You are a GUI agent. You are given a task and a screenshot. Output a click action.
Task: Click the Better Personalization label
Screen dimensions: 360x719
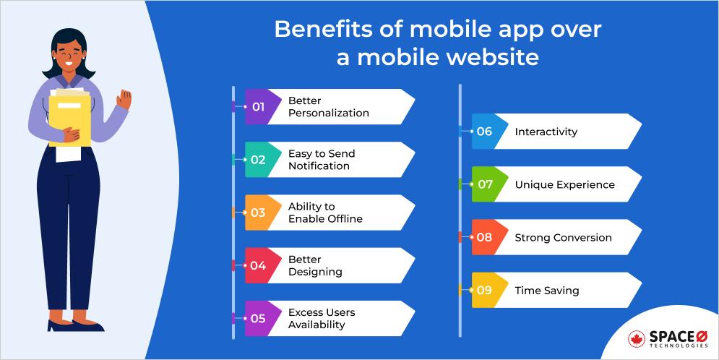coord(328,107)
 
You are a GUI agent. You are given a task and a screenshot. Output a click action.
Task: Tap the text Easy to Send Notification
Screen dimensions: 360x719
coord(322,160)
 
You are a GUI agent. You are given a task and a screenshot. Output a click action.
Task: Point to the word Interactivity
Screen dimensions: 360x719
coord(546,132)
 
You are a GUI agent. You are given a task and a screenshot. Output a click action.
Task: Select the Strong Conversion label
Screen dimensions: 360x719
coord(563,238)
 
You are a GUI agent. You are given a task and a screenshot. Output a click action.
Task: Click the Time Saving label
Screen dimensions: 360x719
coord(546,291)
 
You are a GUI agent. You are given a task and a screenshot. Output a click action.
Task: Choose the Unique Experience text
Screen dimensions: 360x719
coord(564,185)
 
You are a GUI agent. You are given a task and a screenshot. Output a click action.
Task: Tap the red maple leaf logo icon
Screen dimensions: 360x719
coord(637,338)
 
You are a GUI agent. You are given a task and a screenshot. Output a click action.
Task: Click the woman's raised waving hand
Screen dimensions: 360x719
coord(124,100)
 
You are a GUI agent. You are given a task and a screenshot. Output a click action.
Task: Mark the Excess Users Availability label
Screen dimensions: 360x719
coord(322,319)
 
